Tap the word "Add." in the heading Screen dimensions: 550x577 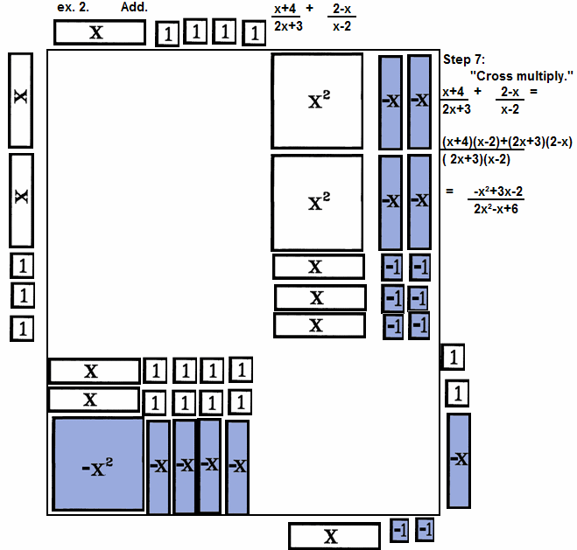click(134, 7)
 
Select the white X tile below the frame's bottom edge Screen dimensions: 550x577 click(330, 536)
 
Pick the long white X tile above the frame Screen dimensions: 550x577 click(99, 32)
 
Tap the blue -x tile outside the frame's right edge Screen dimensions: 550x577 click(459, 460)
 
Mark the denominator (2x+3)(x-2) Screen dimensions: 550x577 click(478, 158)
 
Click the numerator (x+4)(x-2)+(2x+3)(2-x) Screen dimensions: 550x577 click(507, 141)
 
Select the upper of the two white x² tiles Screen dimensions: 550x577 click(317, 99)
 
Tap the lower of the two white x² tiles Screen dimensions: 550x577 click(317, 201)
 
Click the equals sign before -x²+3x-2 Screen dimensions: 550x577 click(450, 191)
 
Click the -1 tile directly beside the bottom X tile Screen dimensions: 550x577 click(399, 530)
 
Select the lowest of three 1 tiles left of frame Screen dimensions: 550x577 click(23, 329)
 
